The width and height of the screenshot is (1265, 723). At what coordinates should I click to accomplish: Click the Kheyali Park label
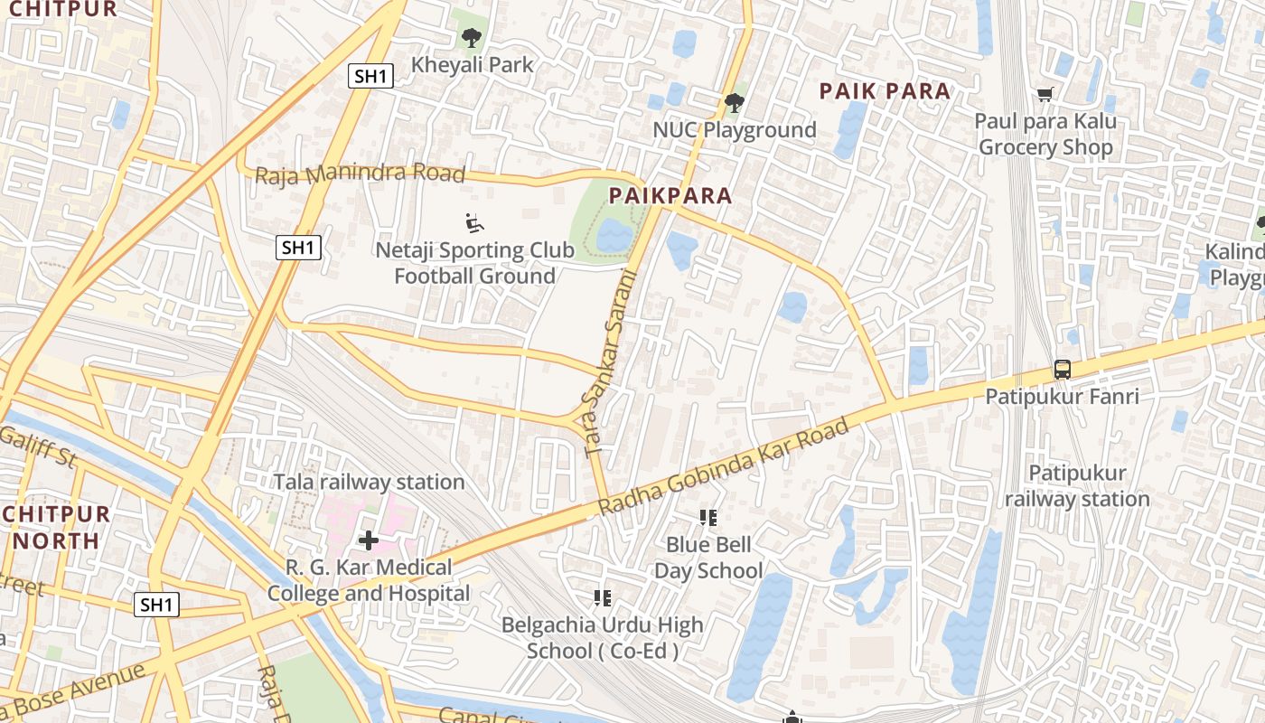[473, 65]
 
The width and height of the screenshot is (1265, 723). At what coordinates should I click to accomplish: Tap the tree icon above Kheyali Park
[471, 38]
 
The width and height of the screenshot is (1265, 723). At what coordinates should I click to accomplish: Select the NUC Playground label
[734, 130]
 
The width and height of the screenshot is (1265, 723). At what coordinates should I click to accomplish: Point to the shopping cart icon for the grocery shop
[1045, 95]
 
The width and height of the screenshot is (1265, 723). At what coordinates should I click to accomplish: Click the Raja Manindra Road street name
[360, 174]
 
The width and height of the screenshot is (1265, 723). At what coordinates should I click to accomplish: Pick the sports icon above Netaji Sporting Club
[473, 222]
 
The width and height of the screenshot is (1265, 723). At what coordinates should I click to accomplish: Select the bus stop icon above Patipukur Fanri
[1062, 370]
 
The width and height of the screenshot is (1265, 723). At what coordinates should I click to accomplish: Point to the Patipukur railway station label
[1077, 486]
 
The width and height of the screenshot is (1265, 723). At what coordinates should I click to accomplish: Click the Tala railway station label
[369, 483]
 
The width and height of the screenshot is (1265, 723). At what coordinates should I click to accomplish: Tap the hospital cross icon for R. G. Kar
[369, 540]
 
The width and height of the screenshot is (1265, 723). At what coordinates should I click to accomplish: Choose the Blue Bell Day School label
[708, 558]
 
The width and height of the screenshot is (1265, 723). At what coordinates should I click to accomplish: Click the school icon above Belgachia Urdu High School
[603, 597]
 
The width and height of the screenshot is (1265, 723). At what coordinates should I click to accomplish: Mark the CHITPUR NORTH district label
[56, 528]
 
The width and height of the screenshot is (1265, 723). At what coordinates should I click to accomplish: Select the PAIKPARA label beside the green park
[670, 195]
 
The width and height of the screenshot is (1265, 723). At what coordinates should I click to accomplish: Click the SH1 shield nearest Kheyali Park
[370, 77]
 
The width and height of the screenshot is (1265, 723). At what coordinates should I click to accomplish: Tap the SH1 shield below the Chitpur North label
[156, 605]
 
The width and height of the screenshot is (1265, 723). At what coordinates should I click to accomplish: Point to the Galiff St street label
[38, 449]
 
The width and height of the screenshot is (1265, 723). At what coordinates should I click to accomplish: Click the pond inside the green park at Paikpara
[614, 236]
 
